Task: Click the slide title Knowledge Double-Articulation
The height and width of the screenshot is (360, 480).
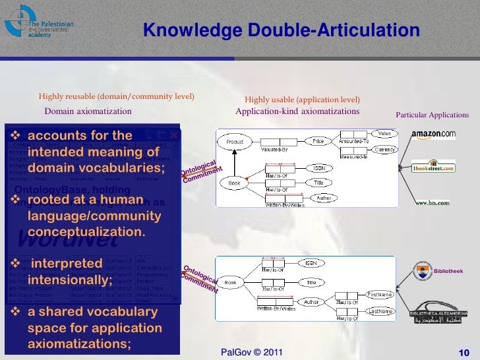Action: tap(281, 31)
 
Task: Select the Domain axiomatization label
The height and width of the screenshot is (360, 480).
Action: tap(88, 111)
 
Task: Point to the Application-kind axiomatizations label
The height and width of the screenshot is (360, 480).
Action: tap(297, 111)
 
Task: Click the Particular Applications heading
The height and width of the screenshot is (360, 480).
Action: tap(432, 115)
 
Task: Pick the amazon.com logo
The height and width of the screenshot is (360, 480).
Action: tap(433, 135)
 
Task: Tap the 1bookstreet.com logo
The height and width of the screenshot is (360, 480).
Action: tap(433, 166)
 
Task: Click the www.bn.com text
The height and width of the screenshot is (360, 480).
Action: tap(433, 202)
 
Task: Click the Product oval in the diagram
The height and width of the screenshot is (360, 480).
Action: tap(235, 142)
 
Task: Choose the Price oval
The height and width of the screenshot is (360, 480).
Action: tap(318, 141)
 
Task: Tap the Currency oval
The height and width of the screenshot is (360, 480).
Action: tap(384, 150)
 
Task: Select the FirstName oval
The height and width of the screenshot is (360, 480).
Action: tap(380, 295)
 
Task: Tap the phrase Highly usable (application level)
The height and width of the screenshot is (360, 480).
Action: tap(303, 100)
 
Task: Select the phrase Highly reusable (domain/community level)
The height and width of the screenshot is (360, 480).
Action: tap(117, 96)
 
